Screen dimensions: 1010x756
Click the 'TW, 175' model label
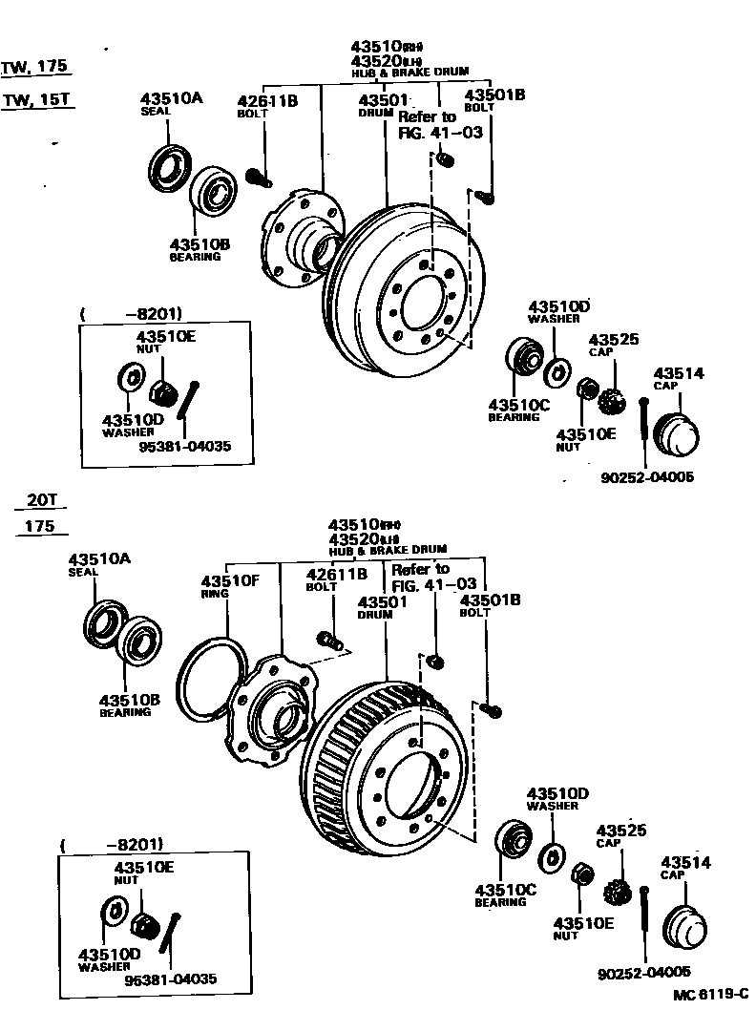(35, 66)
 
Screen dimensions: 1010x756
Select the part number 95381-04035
(185, 446)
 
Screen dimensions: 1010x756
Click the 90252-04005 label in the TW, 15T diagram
(647, 478)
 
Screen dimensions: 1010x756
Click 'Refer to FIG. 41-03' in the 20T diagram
(420, 577)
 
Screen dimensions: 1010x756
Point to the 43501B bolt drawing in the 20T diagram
(492, 709)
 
